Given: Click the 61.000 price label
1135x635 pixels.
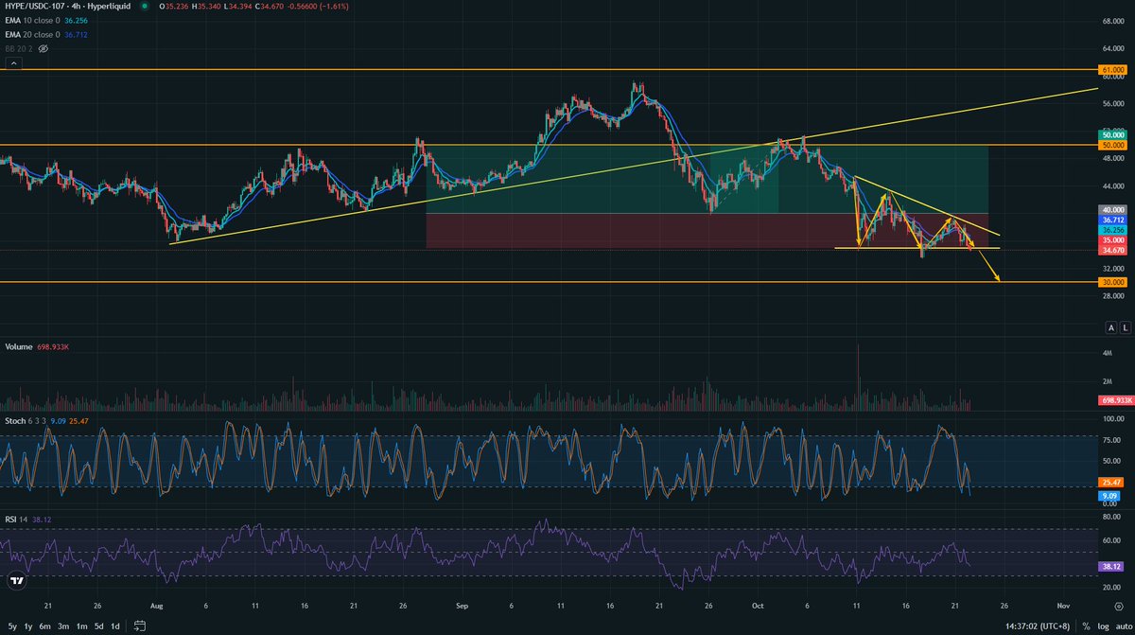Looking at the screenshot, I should (x=1112, y=70).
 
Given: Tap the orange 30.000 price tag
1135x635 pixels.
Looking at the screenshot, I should (x=1112, y=282).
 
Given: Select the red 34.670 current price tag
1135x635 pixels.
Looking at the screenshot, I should (x=1112, y=250).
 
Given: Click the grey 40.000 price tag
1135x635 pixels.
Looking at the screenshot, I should (x=1112, y=209).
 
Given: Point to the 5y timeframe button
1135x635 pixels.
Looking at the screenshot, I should (x=12, y=626).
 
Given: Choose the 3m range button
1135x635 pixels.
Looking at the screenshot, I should (x=63, y=626).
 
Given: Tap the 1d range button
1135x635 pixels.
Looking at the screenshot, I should (x=114, y=626).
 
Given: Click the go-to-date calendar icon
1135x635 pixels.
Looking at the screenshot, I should (x=141, y=626).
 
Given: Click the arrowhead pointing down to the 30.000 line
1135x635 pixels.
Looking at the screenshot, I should (x=997, y=278).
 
